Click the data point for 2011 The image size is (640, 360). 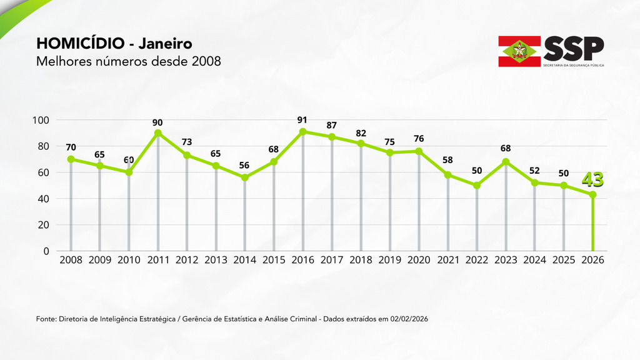coord(157,133)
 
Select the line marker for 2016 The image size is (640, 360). coord(302,132)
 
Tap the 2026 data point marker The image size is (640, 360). coord(592,194)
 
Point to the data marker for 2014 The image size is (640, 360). coord(244,177)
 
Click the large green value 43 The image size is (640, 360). coord(592,180)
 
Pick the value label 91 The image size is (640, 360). coord(302,120)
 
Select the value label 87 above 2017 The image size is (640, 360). coord(331,126)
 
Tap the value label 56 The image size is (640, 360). coord(244,166)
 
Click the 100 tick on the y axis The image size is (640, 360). coord(47,120)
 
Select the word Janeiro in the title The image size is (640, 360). coord(165,44)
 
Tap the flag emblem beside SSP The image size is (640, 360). coord(519,51)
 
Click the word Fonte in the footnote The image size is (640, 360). coord(46,319)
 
